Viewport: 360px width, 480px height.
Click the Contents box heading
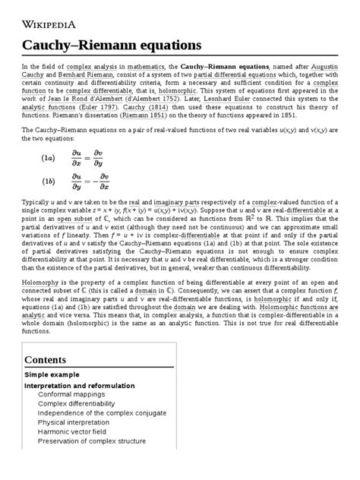point(45,359)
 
